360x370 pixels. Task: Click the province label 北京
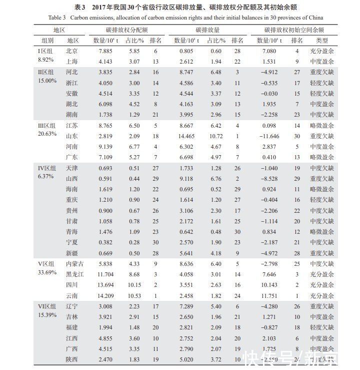tap(72, 51)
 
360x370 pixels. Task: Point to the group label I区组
tap(46, 51)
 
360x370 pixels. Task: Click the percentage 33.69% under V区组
tap(47, 272)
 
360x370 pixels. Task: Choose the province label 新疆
tap(72, 253)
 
